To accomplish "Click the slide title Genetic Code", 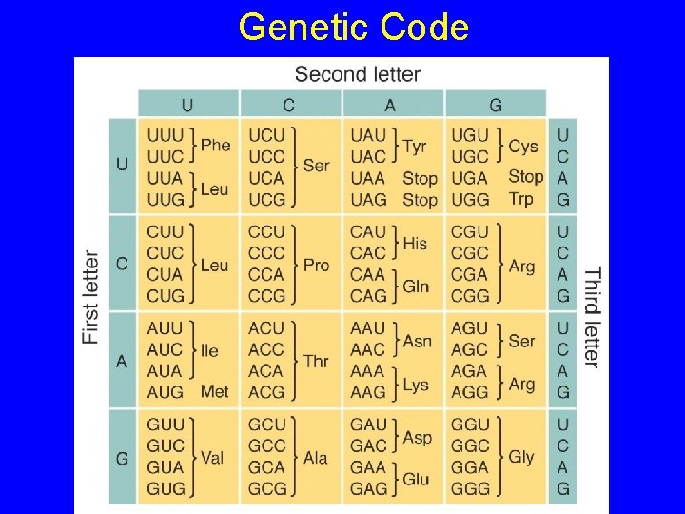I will [353, 28].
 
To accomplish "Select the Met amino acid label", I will [215, 391].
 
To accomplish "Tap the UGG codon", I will [468, 199].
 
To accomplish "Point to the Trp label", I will [520, 199].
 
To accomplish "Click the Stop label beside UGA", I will [525, 176].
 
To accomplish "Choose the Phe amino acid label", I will [215, 146].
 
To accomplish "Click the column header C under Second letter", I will [289, 104].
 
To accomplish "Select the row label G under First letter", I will [122, 458].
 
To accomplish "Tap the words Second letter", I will [357, 73].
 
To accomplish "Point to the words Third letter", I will [592, 317].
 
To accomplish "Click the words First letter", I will [91, 296].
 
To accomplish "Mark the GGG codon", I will [469, 488].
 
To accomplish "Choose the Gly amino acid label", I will [521, 457].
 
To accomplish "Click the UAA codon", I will [368, 178].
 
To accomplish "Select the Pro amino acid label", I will [316, 265].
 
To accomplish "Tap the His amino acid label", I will [415, 243].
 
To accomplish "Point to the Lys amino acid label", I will [416, 384].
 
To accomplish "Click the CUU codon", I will [165, 232].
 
